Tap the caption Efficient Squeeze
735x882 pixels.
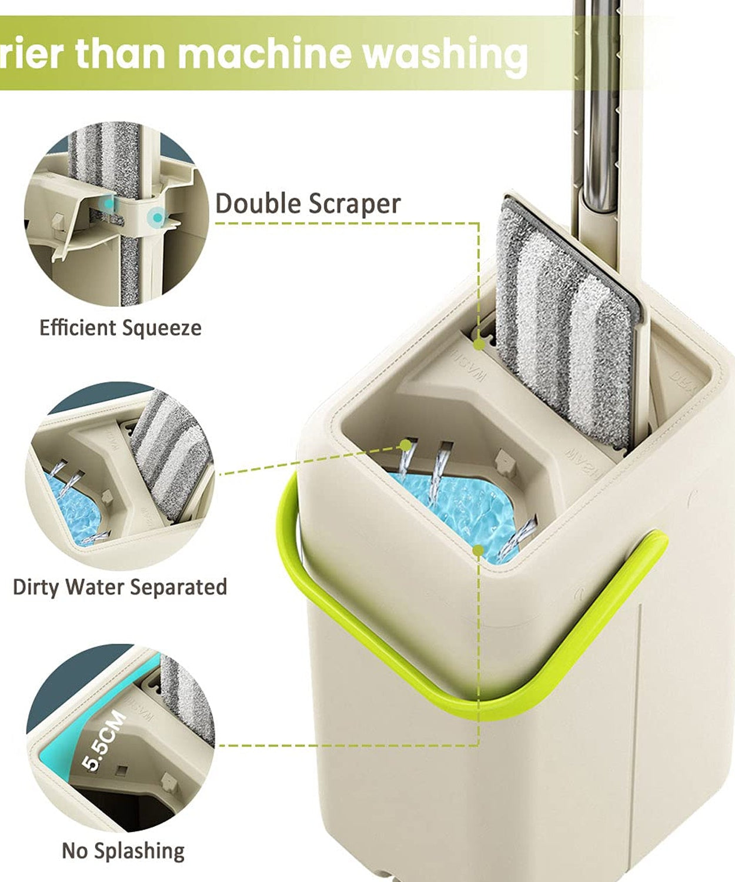coord(120,328)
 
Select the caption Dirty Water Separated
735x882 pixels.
coord(120,587)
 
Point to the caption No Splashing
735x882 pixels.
coord(123,850)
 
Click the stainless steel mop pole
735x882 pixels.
coord(597,106)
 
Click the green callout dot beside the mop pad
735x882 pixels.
coord(480,345)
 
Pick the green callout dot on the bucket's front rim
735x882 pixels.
coord(479,550)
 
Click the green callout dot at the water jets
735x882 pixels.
coord(406,445)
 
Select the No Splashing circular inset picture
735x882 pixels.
coord(120,738)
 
